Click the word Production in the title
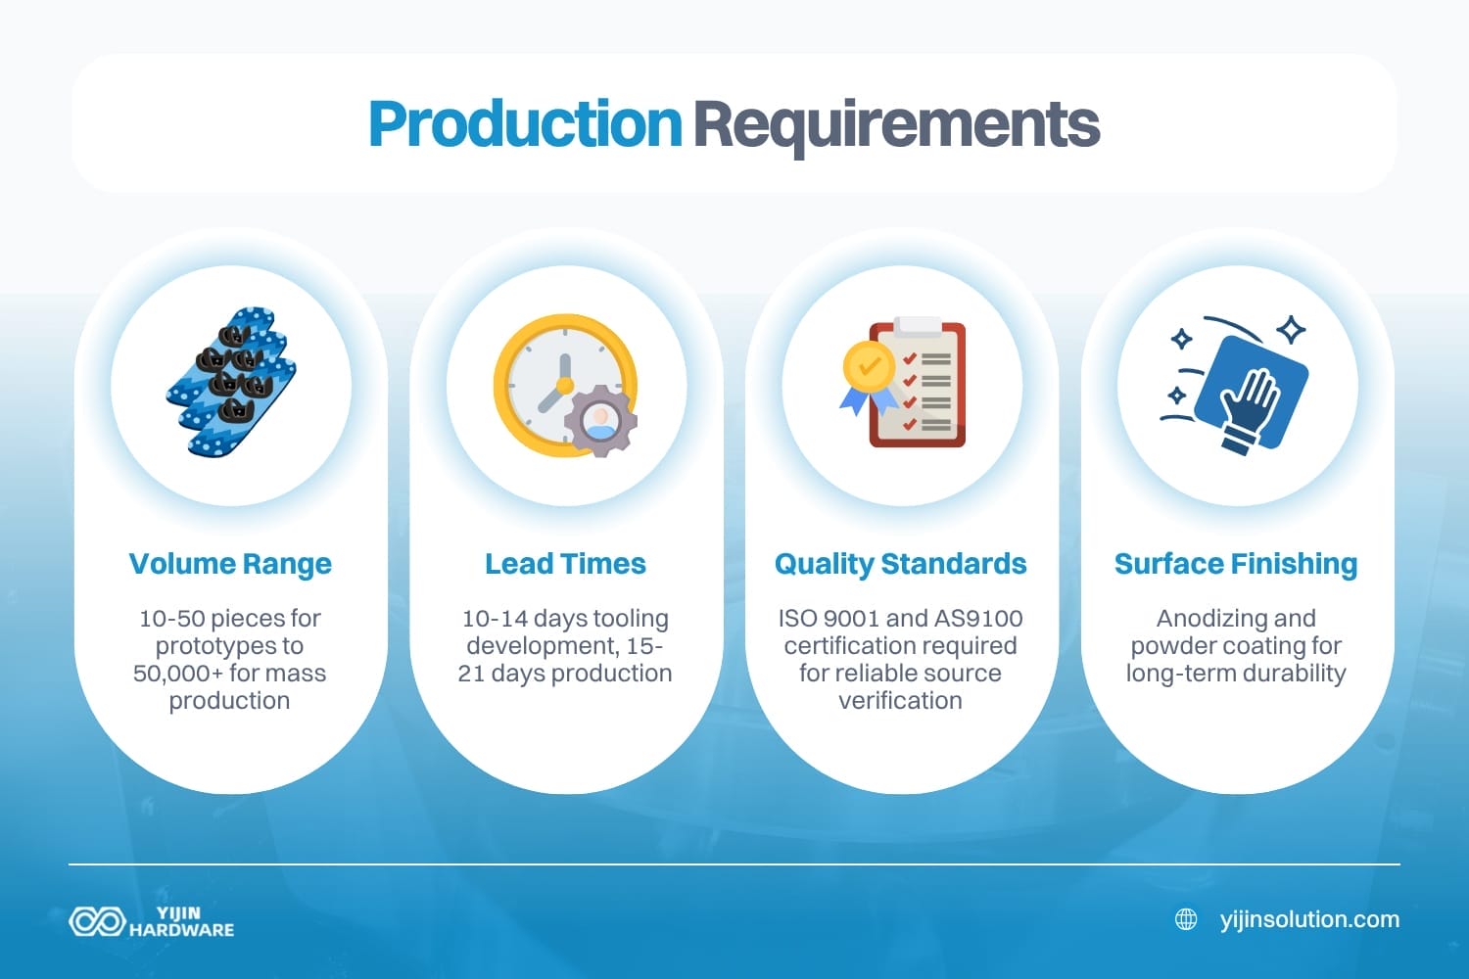pyautogui.click(x=525, y=124)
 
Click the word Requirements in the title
pyautogui.click(x=896, y=124)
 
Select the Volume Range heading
pyautogui.click(x=230, y=564)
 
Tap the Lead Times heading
pyautogui.click(x=565, y=564)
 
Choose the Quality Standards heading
pyautogui.click(x=900, y=564)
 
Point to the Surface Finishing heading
pyautogui.click(x=1236, y=564)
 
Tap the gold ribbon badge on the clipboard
pyautogui.click(x=868, y=370)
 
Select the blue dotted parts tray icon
pyautogui.click(x=232, y=383)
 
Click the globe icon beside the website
pyautogui.click(x=1186, y=919)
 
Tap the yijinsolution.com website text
pyautogui.click(x=1309, y=919)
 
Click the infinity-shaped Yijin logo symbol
pyautogui.click(x=96, y=921)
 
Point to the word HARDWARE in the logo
pyautogui.click(x=182, y=930)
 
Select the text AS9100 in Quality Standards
pyautogui.click(x=978, y=619)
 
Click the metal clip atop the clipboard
pyautogui.click(x=918, y=326)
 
